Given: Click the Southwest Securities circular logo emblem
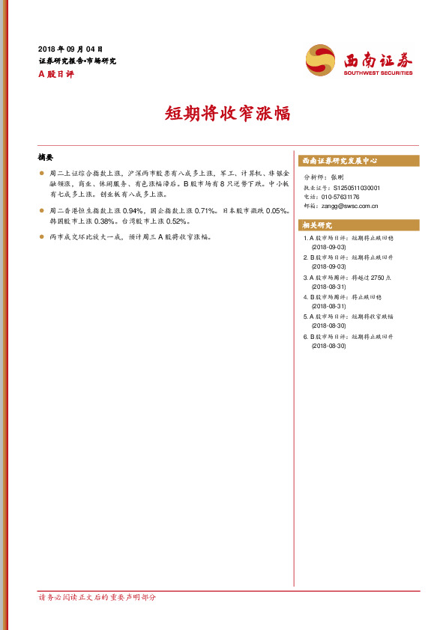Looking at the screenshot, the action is pyautogui.click(x=322, y=60).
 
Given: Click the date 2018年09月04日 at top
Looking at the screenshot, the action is pyautogui.click(x=70, y=49).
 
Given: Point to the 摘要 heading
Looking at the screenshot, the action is pyautogui.click(x=46, y=157).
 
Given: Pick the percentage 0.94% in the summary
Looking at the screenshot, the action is pyautogui.click(x=132, y=212).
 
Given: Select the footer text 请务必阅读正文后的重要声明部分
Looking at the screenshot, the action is pyautogui.click(x=97, y=598).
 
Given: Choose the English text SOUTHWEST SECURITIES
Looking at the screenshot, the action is pyautogui.click(x=378, y=73).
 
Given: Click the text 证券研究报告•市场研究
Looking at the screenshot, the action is pyautogui.click(x=77, y=61).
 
